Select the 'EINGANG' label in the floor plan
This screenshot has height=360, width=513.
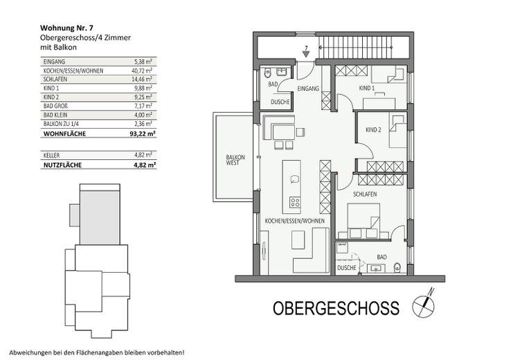pyautogui.click(x=308, y=89)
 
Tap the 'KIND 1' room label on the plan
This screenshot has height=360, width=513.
pyautogui.click(x=367, y=89)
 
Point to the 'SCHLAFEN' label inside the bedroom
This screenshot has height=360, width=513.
pyautogui.click(x=364, y=195)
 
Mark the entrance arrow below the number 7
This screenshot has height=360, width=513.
pyautogui.click(x=305, y=57)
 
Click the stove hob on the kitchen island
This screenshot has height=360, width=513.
pyautogui.click(x=295, y=203)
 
